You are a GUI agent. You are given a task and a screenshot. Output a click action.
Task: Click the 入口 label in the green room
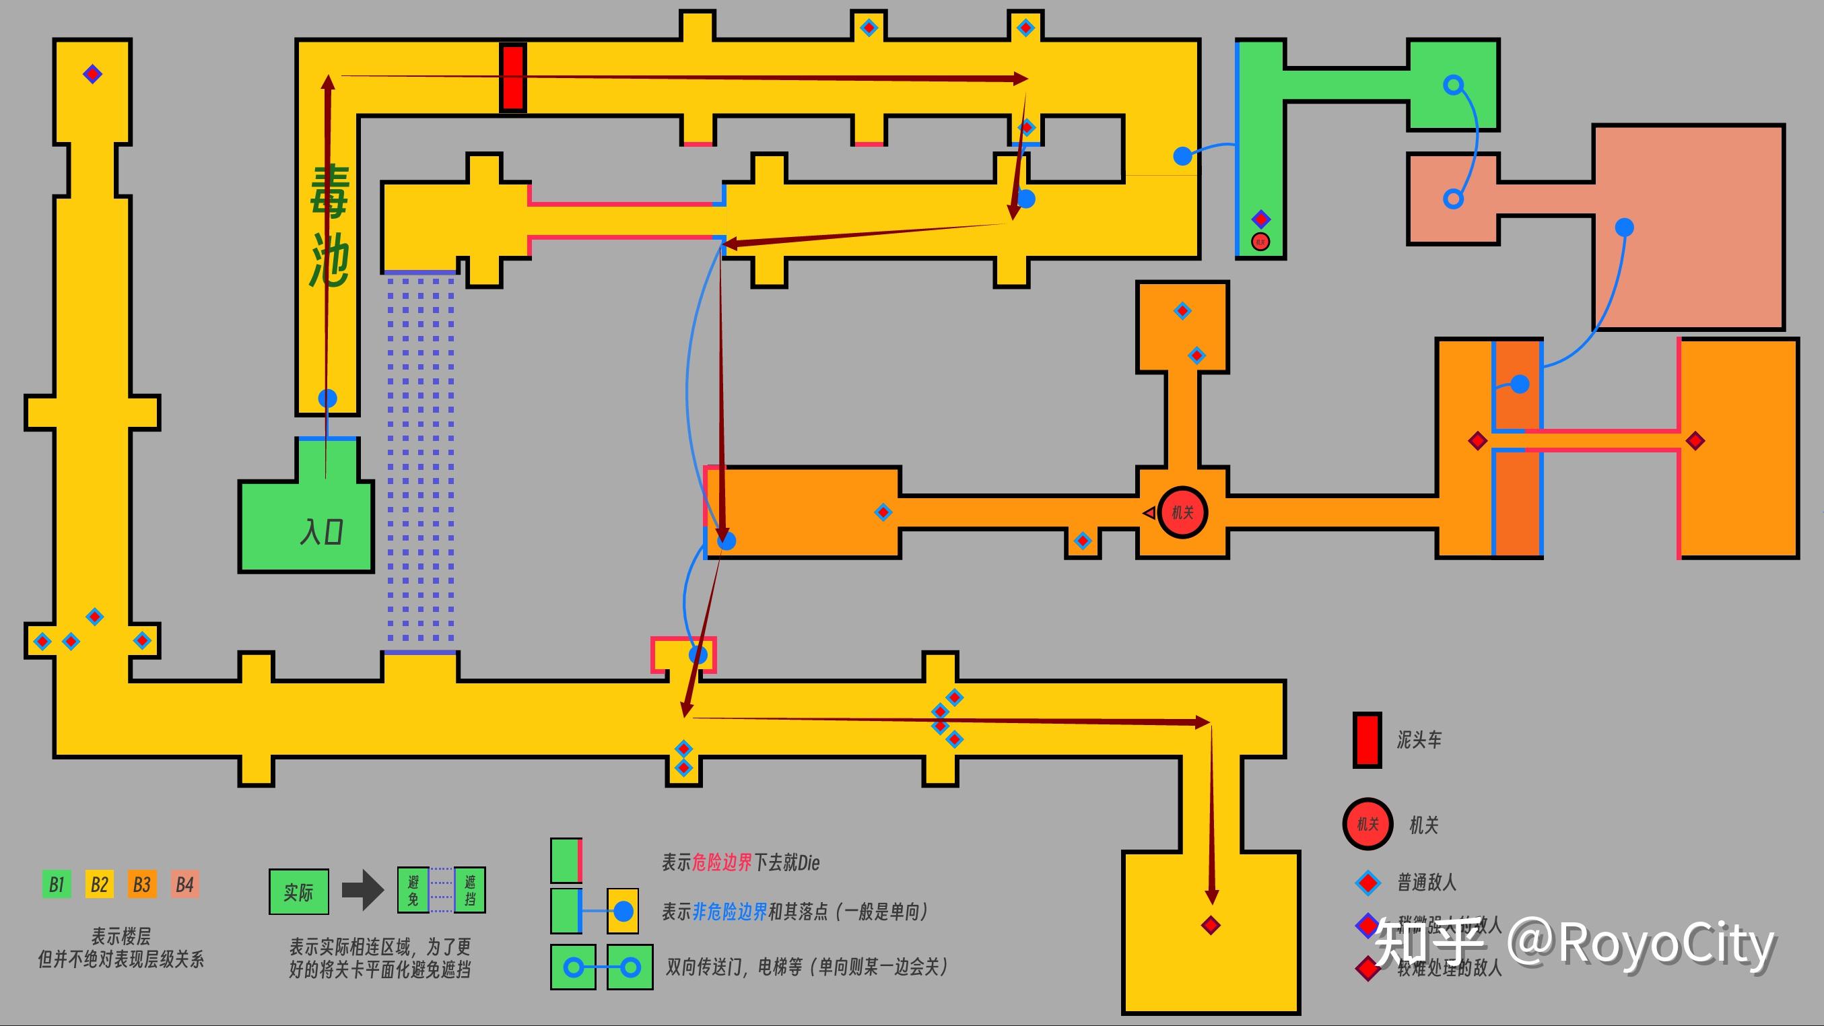point(321,532)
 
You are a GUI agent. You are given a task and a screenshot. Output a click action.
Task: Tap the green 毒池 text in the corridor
point(329,227)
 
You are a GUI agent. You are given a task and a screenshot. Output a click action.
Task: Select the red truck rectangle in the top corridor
point(512,77)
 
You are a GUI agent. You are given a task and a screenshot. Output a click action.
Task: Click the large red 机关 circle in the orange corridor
point(1182,512)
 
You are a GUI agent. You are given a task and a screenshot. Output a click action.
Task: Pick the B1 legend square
point(57,885)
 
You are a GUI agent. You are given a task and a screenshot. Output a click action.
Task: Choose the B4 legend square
point(184,885)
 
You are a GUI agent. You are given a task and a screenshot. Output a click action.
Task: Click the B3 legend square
point(141,885)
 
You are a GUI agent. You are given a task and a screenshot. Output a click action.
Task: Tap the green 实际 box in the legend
point(298,892)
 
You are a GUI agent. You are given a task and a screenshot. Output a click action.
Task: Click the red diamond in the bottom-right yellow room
point(1211,926)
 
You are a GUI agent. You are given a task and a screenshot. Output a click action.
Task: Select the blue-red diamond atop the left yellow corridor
point(92,73)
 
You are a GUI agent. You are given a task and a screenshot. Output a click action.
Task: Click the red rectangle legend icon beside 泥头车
point(1367,740)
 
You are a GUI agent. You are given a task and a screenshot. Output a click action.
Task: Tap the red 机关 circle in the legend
point(1367,824)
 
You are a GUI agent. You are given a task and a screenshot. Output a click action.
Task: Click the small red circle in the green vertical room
point(1260,242)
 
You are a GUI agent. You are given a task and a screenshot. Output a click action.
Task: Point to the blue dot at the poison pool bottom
point(327,398)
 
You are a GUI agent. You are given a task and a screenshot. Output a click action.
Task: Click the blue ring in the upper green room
point(1453,85)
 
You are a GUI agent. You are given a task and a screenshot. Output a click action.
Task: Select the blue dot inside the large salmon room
point(1624,228)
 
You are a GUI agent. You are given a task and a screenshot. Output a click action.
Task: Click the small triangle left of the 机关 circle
point(1149,512)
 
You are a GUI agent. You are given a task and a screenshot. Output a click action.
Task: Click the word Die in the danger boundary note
point(808,862)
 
